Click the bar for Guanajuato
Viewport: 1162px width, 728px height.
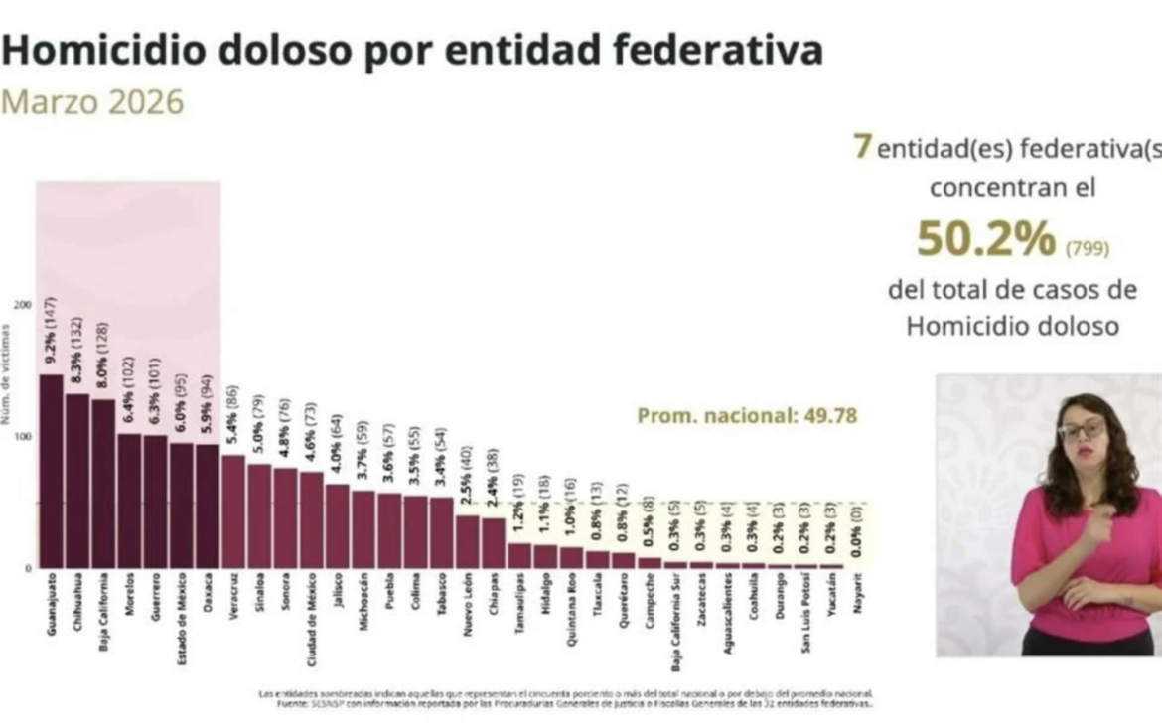click(51, 472)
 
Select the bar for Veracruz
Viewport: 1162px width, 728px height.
click(233, 511)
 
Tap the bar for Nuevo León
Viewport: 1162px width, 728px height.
click(467, 541)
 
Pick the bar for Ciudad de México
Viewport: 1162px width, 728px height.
click(311, 519)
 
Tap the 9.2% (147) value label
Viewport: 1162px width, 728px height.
click(51, 331)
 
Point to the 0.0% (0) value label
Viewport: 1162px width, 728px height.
click(857, 526)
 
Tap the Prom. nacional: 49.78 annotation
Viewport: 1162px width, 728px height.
click(747, 415)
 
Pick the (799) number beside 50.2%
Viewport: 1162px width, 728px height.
click(1088, 248)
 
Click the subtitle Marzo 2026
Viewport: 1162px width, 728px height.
click(92, 102)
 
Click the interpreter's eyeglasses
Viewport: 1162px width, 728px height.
click(1082, 430)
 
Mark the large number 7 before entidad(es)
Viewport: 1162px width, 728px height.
click(862, 147)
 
